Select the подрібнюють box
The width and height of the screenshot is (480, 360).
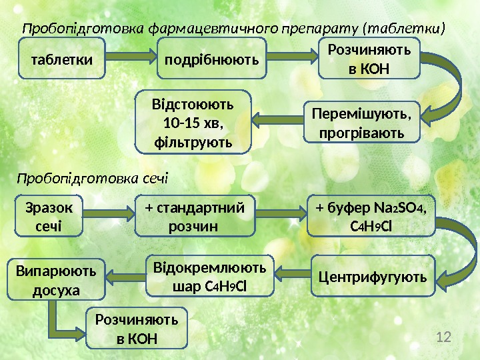coord(212,58)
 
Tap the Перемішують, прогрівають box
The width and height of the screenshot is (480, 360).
coord(362,123)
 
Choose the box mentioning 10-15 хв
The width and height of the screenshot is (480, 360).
coord(193,123)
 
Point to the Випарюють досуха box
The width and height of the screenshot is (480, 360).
coord(57,279)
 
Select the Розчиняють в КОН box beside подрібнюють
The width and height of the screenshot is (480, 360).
coord(370,58)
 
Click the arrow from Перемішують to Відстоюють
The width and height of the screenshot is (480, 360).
coord(277,120)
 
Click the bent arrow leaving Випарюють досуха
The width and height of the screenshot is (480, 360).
coord(67,320)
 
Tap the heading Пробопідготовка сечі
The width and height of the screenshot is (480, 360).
coord(93,179)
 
